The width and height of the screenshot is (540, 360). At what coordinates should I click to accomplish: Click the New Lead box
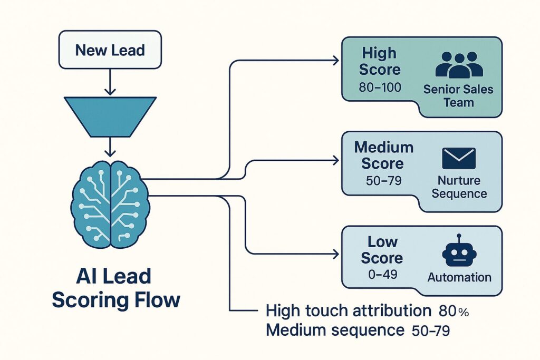click(x=109, y=51)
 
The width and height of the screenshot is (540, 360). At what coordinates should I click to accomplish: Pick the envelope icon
click(x=459, y=158)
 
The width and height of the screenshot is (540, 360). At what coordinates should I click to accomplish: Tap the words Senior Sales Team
click(x=458, y=95)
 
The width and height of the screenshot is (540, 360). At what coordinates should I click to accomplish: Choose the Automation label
click(x=459, y=277)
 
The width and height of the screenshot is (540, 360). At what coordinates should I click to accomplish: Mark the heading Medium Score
click(x=383, y=155)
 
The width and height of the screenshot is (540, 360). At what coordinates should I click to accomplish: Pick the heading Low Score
click(x=382, y=250)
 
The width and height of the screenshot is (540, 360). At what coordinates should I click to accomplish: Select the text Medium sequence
click(x=334, y=331)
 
